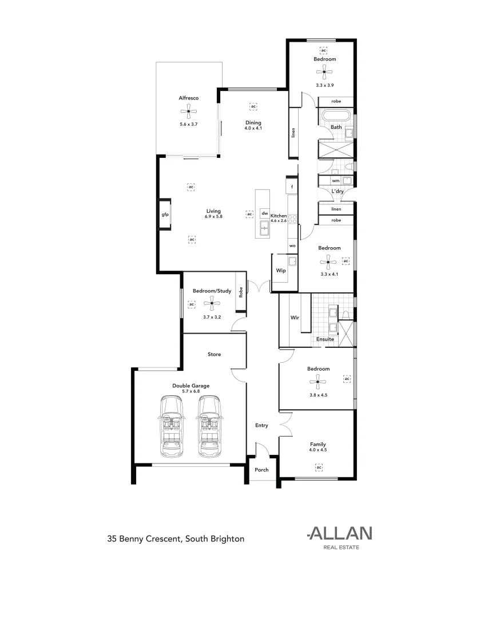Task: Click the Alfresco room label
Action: click(188, 98)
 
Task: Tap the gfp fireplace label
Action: click(164, 214)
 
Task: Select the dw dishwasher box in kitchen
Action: click(265, 213)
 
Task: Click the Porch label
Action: click(261, 470)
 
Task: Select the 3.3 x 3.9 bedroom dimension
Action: click(324, 85)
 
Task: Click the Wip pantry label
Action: click(281, 271)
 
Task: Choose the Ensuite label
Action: click(326, 339)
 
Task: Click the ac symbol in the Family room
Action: click(319, 468)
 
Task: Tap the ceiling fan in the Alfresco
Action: click(188, 111)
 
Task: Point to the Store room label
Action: click(214, 355)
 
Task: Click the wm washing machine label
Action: click(335, 181)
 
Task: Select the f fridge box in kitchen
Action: click(292, 187)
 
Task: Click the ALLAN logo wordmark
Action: click(340, 533)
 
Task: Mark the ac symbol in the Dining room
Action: click(253, 106)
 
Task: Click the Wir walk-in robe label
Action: click(295, 316)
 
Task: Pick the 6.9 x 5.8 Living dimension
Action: click(213, 217)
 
